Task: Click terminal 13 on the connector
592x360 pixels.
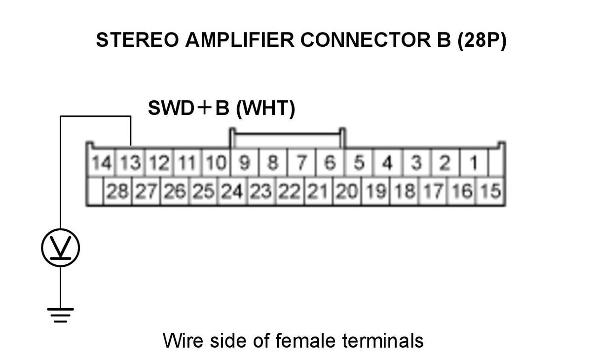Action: tap(131, 162)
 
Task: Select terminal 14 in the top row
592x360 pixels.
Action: tap(102, 162)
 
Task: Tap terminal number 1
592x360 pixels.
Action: tap(474, 162)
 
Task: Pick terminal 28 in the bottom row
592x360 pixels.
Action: tap(117, 191)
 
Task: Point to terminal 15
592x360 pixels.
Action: tap(491, 191)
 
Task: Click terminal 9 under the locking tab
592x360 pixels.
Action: tap(245, 162)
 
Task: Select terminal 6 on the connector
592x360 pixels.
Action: tap(330, 162)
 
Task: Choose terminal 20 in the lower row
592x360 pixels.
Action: tap(347, 191)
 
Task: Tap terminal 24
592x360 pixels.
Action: tap(232, 191)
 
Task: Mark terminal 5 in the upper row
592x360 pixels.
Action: tap(359, 162)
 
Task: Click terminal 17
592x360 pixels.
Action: tap(433, 191)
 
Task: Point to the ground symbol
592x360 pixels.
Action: tap(61, 315)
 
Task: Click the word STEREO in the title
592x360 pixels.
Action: tap(138, 40)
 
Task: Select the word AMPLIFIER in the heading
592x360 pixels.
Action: tap(240, 40)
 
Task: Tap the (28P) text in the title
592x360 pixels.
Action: tap(482, 40)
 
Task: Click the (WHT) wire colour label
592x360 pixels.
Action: tap(265, 108)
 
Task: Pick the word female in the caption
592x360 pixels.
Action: tap(305, 340)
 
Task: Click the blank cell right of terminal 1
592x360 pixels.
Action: tap(497, 162)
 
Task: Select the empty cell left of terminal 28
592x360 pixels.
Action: tap(95, 191)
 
